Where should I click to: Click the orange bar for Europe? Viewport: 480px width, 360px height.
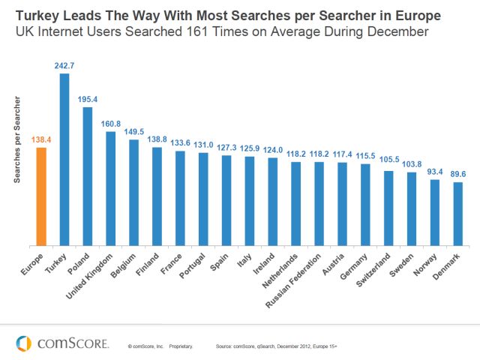point(40,196)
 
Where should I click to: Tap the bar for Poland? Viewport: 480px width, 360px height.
point(87,176)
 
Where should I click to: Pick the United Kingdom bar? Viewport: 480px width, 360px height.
point(110,188)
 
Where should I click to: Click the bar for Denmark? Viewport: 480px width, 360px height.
point(457,214)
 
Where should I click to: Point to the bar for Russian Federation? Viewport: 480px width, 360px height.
point(319,203)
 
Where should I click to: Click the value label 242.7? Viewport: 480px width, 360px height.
point(64,66)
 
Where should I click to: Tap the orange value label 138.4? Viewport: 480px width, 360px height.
point(40,140)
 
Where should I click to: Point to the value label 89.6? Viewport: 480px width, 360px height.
point(457,175)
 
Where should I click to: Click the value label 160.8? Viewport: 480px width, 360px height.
point(110,124)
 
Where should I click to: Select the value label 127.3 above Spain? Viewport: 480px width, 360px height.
point(226,148)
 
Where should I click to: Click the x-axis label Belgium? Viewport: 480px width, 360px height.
point(124,265)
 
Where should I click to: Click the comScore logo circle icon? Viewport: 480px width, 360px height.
point(25,343)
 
